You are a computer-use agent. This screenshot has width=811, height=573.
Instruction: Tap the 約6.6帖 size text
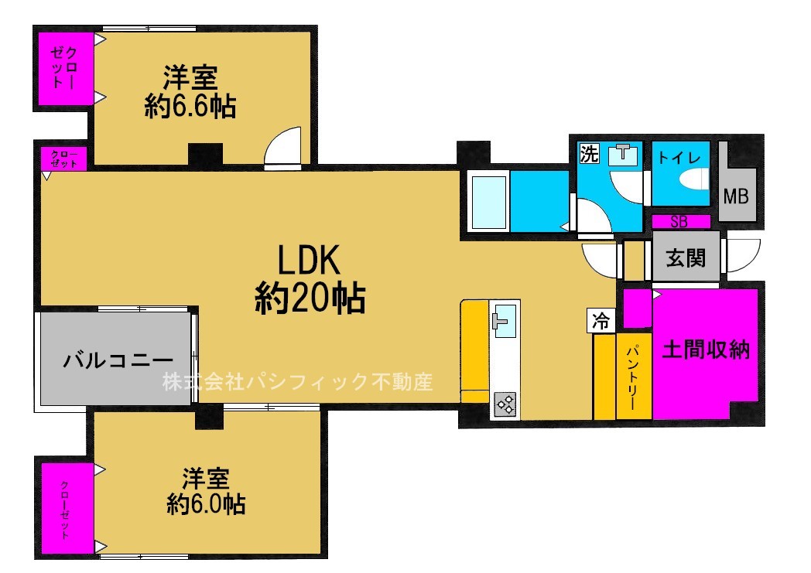tap(190, 107)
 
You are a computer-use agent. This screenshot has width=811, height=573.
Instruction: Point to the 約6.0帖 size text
tap(207, 504)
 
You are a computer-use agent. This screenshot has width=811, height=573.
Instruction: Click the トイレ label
tap(679, 157)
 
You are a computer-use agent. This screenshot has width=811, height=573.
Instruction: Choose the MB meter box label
tap(735, 196)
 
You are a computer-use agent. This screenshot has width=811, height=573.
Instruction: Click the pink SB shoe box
tap(679, 221)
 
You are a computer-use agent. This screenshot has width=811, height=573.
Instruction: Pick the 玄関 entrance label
tap(686, 258)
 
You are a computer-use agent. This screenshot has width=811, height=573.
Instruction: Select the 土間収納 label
tap(706, 350)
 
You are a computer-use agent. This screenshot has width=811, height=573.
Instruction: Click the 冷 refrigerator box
tap(601, 321)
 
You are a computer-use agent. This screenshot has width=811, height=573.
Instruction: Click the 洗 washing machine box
tap(590, 153)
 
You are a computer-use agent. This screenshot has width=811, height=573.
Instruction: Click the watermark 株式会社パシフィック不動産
tap(297, 381)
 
